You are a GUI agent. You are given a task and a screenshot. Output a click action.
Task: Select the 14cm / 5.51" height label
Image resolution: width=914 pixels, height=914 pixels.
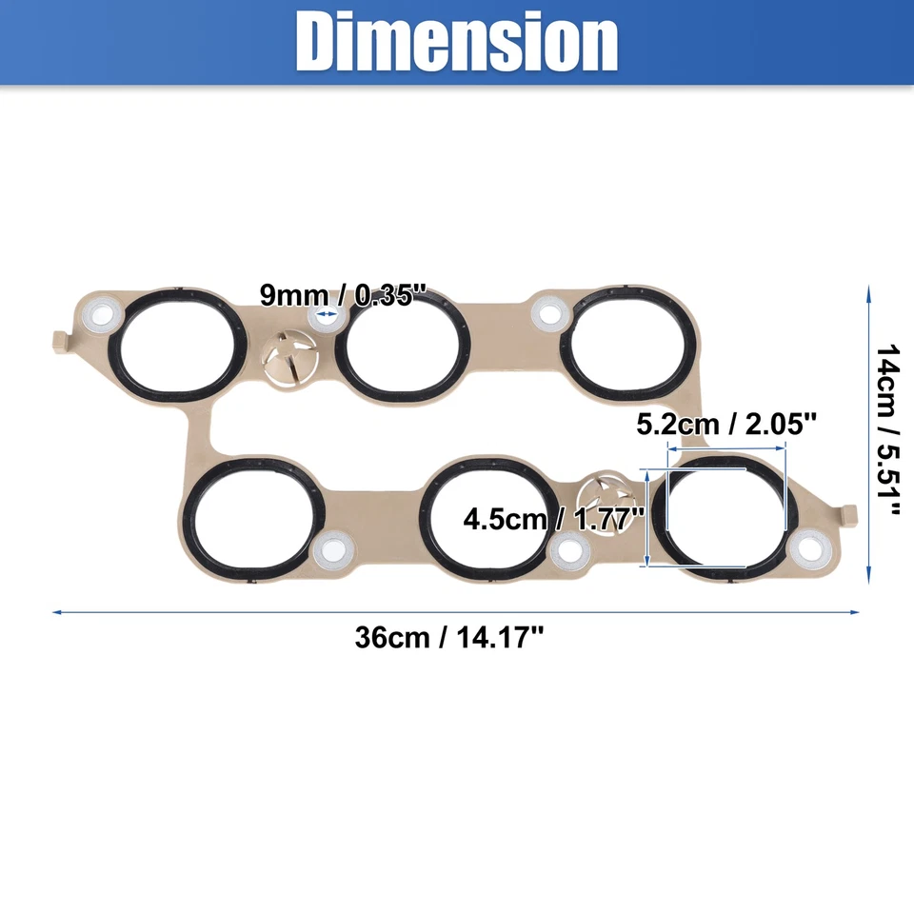887,430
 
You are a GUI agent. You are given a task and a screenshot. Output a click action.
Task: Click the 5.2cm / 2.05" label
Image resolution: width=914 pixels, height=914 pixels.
727,423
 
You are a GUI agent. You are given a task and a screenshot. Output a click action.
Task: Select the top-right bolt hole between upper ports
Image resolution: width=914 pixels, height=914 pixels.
547,311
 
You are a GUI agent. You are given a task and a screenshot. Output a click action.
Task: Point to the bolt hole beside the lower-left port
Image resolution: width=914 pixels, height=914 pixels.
332,548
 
